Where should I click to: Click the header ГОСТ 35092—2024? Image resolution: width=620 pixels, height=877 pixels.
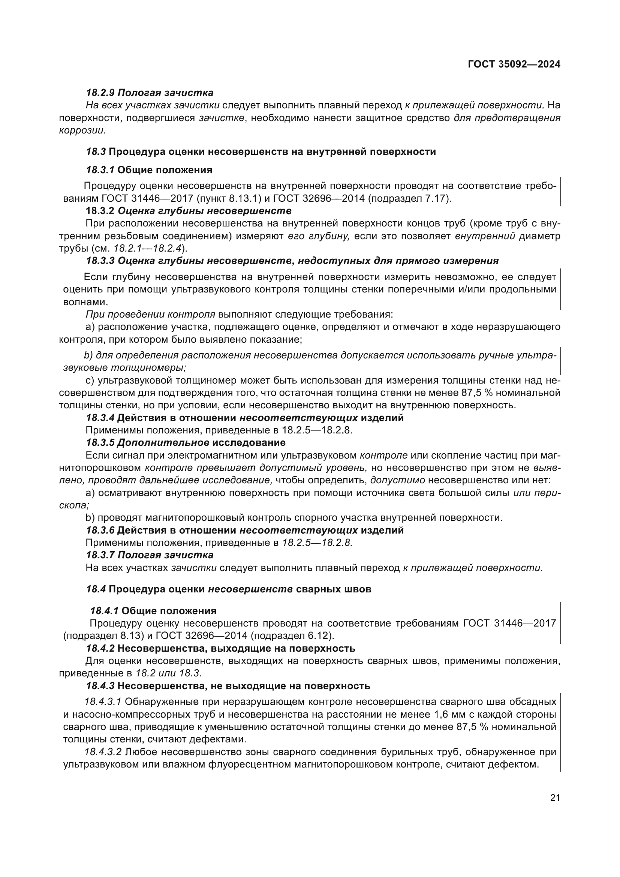(x=514, y=64)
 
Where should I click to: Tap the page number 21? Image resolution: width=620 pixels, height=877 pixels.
(x=555, y=798)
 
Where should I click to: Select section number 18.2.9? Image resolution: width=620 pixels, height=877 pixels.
(x=100, y=93)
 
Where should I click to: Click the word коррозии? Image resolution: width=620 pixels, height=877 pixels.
(x=82, y=130)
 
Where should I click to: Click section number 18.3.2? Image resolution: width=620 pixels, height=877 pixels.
(x=100, y=211)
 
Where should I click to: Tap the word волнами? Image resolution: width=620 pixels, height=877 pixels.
(x=85, y=302)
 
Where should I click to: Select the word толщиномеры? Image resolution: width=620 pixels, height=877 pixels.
(x=153, y=368)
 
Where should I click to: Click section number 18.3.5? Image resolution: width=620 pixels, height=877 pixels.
(x=100, y=443)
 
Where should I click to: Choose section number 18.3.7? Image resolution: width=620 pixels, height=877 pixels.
(x=100, y=555)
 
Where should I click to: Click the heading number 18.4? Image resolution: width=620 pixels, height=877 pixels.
(x=96, y=589)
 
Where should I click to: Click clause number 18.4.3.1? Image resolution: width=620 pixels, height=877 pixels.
(x=103, y=702)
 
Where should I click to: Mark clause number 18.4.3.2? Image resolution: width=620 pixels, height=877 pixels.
(x=103, y=752)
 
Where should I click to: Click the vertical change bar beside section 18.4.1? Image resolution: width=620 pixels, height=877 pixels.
(x=560, y=623)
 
